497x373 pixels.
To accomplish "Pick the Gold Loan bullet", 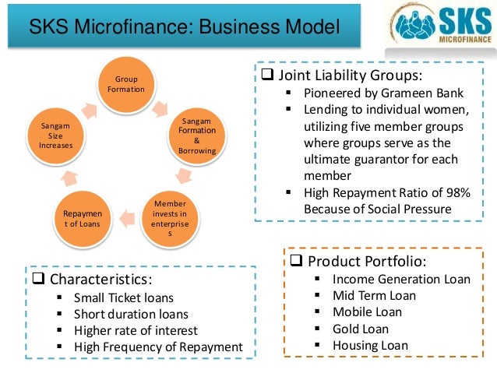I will pos(360,329).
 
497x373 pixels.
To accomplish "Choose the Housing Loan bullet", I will pos(370,346).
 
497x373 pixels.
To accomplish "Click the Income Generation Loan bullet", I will pos(401,278).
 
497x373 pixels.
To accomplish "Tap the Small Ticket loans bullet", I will pos(123,297).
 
